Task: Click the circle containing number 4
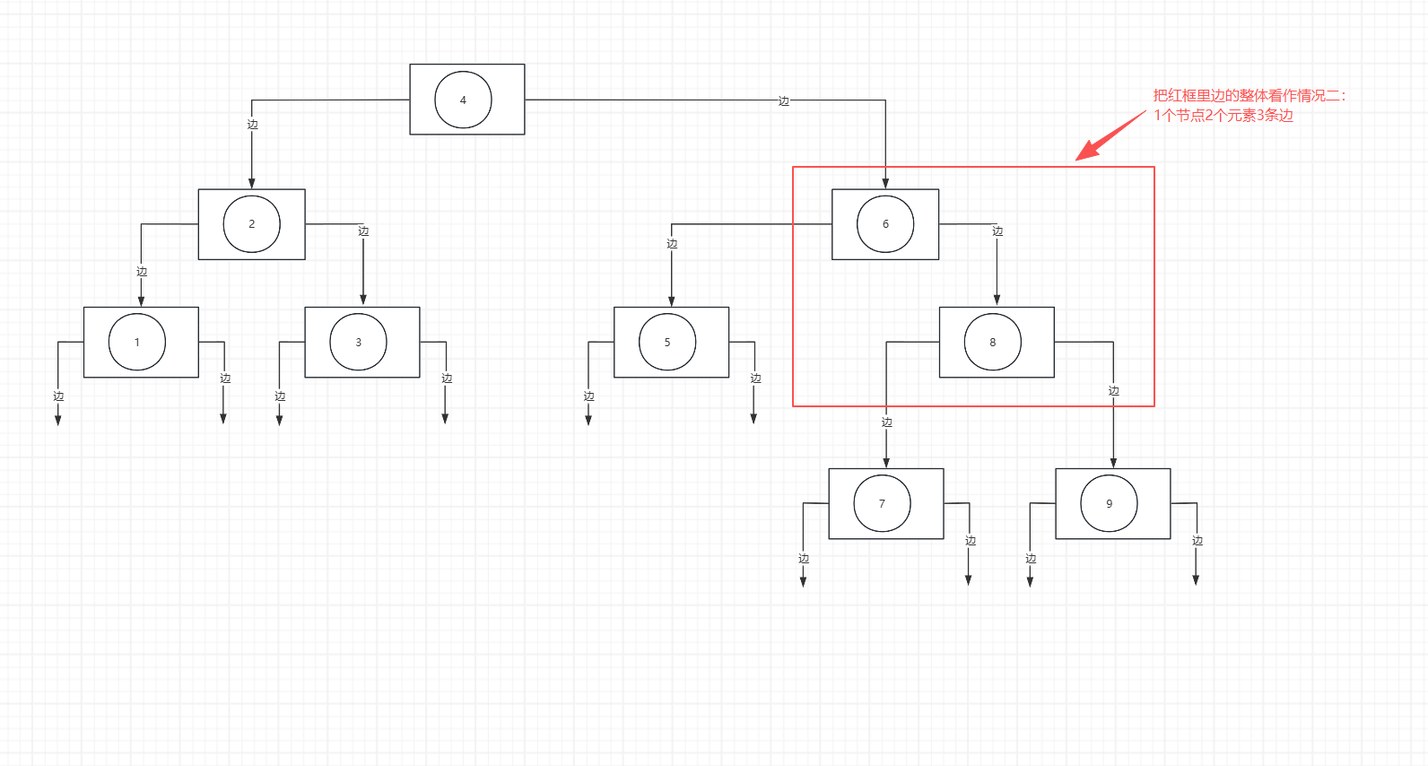click(x=463, y=100)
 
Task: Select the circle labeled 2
click(x=251, y=223)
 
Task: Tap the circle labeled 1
click(x=137, y=342)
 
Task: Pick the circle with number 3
click(x=358, y=342)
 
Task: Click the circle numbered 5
click(x=667, y=342)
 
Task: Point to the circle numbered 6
click(x=885, y=223)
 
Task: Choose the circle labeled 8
click(x=992, y=342)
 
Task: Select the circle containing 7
click(x=882, y=503)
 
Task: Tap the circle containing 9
click(x=1109, y=503)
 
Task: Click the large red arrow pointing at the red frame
click(x=1107, y=137)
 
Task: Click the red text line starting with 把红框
click(x=1249, y=95)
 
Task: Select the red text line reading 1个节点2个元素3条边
click(x=1223, y=115)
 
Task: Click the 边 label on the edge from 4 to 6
click(x=783, y=101)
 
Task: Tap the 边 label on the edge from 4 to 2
click(x=252, y=125)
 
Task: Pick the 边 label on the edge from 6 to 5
click(x=672, y=244)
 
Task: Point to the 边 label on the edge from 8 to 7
click(x=886, y=422)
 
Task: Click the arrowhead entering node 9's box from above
click(x=1113, y=463)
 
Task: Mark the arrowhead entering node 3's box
click(x=363, y=300)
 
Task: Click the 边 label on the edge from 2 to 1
click(x=141, y=272)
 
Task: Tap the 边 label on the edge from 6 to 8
click(x=997, y=231)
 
